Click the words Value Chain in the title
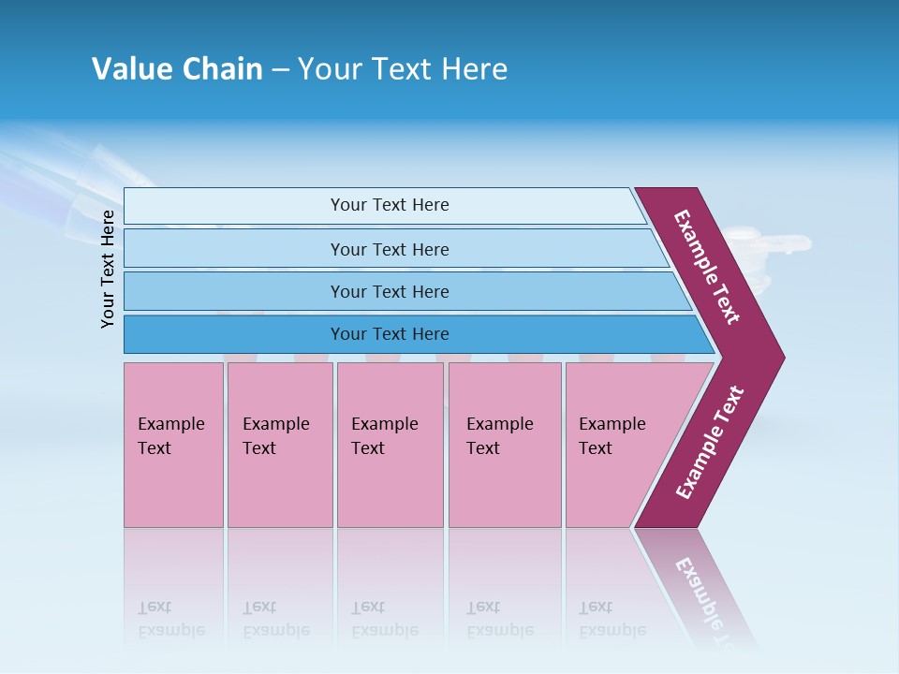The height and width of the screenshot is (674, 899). pos(177,69)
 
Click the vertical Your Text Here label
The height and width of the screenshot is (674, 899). pos(108,269)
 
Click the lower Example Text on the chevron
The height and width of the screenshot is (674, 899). pos(710,443)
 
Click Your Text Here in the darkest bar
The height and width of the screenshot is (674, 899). pos(390,334)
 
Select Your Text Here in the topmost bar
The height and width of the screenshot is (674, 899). pos(390,205)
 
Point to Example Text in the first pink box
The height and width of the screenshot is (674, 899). pos(170,436)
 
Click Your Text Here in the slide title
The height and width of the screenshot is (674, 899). pos(403,69)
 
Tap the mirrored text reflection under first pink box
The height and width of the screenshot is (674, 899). pos(170,619)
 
